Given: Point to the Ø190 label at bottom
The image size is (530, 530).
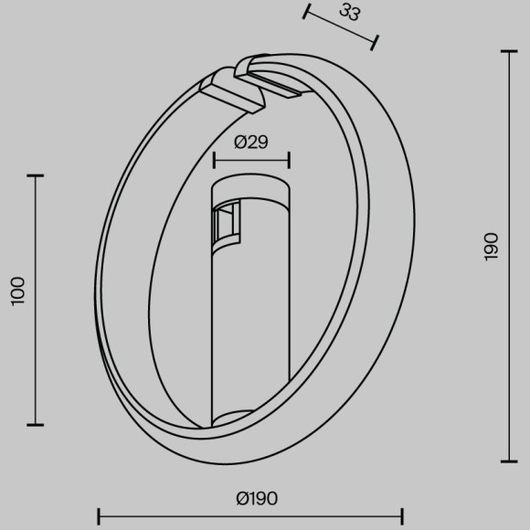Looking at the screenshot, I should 256,498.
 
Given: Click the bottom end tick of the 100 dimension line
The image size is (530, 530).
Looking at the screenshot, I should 36,424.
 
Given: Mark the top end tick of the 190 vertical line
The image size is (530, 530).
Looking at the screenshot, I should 508,52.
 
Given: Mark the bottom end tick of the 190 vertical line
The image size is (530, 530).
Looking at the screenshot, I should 508,461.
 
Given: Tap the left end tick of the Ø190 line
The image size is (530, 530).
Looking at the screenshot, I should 99,516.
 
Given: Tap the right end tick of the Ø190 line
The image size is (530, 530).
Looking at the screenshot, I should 403,516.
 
